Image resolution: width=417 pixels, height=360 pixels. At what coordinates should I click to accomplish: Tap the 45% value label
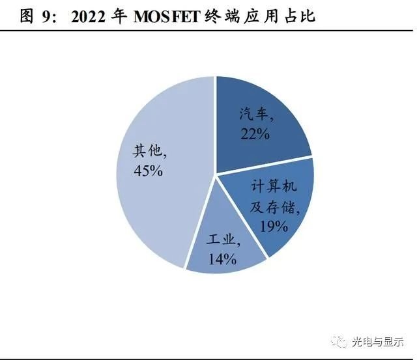(x=147, y=172)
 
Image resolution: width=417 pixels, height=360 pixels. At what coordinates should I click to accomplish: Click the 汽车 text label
(x=255, y=115)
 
